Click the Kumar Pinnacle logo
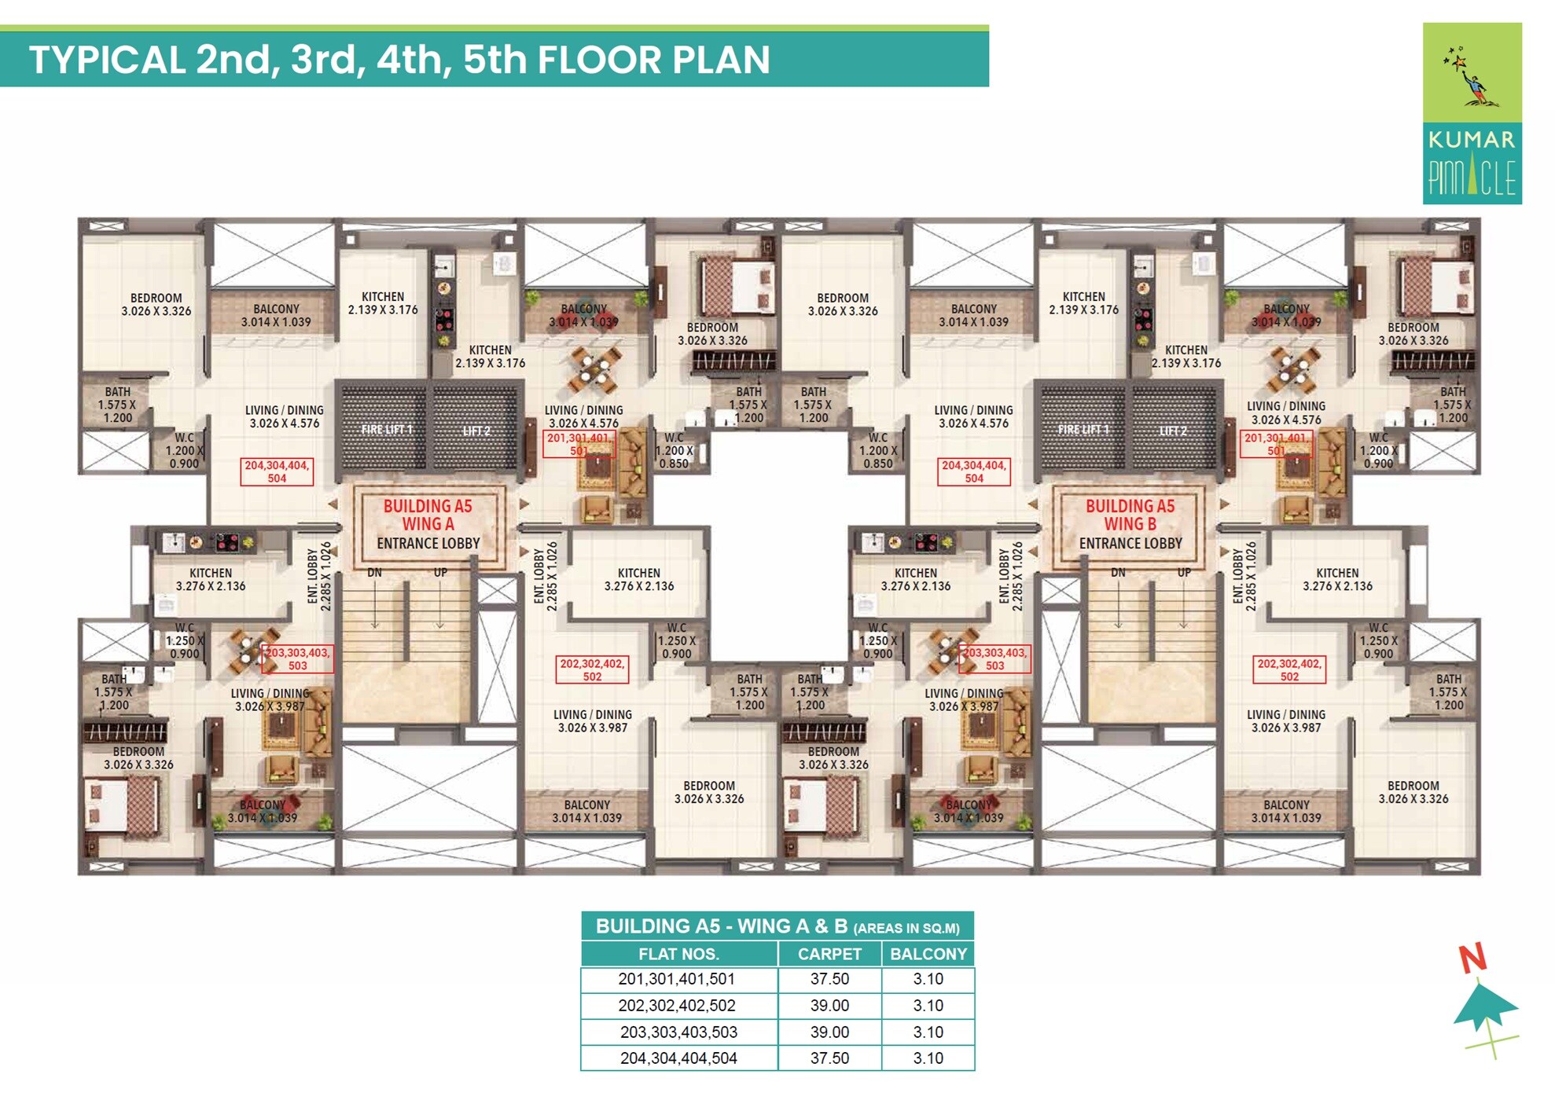(x=1471, y=113)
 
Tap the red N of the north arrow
(x=1472, y=958)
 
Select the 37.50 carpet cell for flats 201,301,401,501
(x=829, y=979)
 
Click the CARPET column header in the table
(x=829, y=954)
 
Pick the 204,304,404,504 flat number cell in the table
(x=678, y=1058)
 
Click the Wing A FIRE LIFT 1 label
(x=386, y=430)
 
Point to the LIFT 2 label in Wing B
(x=1174, y=431)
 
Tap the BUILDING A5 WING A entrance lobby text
(x=428, y=524)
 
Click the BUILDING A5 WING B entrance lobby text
(x=1130, y=524)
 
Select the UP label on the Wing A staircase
(x=440, y=573)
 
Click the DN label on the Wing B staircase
(x=1118, y=573)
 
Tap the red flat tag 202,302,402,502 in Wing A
(x=592, y=669)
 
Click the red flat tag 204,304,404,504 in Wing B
(x=973, y=471)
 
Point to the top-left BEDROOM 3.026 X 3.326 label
(x=156, y=305)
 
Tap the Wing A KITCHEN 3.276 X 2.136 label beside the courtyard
(x=638, y=580)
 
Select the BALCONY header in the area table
(x=928, y=954)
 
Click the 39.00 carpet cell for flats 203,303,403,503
(x=829, y=1032)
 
